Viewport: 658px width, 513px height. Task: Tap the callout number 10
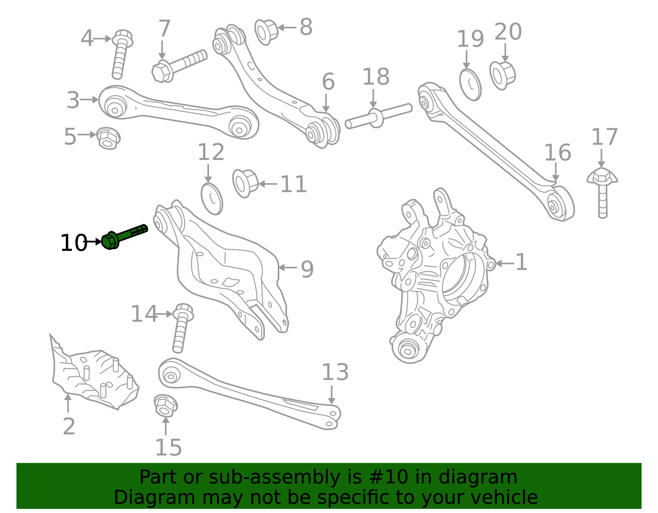(74, 243)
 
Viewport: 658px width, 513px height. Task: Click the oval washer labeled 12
(212, 198)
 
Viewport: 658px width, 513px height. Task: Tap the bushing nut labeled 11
(245, 183)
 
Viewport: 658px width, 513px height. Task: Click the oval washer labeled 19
(470, 85)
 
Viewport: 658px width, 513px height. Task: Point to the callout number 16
(557, 153)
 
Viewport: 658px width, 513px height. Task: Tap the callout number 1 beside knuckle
(521, 262)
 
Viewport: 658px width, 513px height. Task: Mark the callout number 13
(335, 373)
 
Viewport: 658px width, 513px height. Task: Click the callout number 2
(69, 426)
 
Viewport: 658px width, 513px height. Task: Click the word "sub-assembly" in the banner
(273, 477)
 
